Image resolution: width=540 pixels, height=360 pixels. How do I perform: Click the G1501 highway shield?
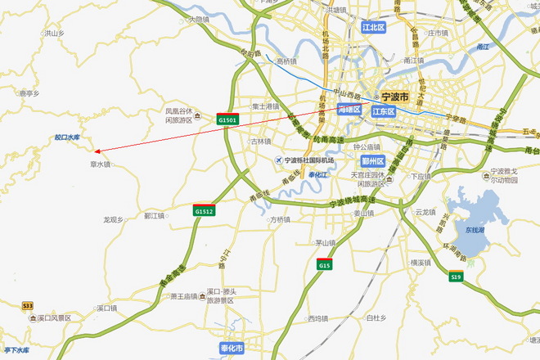(x=227, y=119)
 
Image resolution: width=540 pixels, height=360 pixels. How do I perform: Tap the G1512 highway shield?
(x=204, y=210)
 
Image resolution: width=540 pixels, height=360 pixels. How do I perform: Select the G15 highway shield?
(x=325, y=264)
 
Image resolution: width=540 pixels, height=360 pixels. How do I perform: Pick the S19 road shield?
(x=456, y=277)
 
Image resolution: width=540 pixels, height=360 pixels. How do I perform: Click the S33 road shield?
(x=28, y=305)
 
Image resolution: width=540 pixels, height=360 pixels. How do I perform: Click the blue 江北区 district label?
(x=374, y=27)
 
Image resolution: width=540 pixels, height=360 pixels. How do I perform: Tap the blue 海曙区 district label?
(x=349, y=109)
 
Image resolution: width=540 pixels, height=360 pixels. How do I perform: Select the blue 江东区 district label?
(x=383, y=111)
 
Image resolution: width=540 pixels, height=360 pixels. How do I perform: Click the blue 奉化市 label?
(x=232, y=349)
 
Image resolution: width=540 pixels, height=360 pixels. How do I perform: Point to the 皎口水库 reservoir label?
(x=68, y=137)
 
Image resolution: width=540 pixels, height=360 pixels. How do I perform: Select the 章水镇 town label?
(x=100, y=164)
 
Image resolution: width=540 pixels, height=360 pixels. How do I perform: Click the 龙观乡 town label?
(x=113, y=219)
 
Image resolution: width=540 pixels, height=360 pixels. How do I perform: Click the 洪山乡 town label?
(x=53, y=34)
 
